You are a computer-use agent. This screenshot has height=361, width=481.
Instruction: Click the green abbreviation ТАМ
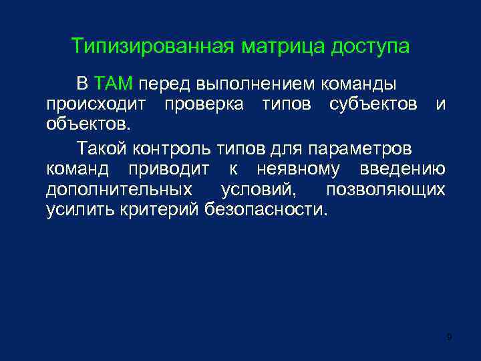pyautogui.click(x=115, y=85)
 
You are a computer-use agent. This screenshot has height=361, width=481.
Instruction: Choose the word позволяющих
pyautogui.click(x=385, y=189)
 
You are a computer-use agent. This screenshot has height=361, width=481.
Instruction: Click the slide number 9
pyautogui.click(x=450, y=336)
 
